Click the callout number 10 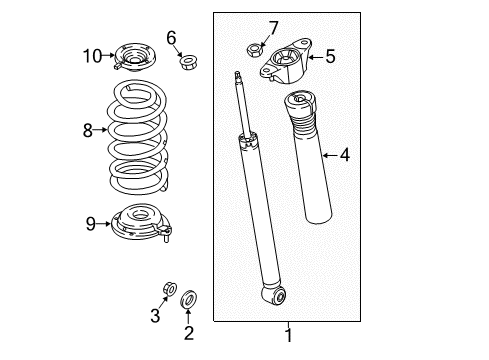coord(92,56)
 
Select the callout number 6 coord(171,38)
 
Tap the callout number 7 coord(273,28)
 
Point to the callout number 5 coord(330,56)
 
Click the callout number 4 coord(345,155)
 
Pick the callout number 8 coord(88,130)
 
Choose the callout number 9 coord(91,224)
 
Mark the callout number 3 coord(155,315)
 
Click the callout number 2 coord(189,333)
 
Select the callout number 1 coord(289,335)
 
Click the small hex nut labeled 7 coord(254,51)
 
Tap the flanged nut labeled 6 coord(188,62)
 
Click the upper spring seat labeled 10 coord(134,57)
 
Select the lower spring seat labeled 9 coord(140,222)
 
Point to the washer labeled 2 coord(188,299)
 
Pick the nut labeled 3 coord(170,289)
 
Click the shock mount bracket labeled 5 coord(286,62)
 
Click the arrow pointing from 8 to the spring coord(100,130)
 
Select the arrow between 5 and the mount coord(316,57)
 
